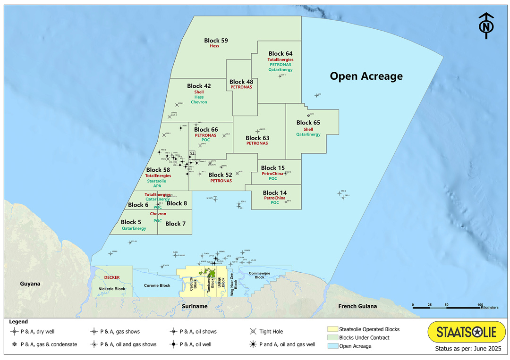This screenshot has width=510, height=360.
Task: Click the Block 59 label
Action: pyautogui.click(x=216, y=41)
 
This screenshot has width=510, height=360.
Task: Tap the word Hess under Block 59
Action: pyautogui.click(x=216, y=47)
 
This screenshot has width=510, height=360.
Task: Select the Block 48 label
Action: pyautogui.click(x=241, y=82)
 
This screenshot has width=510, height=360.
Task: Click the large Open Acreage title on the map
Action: pyautogui.click(x=366, y=76)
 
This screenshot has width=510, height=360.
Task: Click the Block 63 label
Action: pyautogui.click(x=257, y=138)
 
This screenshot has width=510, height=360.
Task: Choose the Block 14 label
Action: pyautogui.click(x=275, y=193)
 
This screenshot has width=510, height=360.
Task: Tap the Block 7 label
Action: pyautogui.click(x=176, y=224)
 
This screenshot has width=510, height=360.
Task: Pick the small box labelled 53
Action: pyautogui.click(x=192, y=153)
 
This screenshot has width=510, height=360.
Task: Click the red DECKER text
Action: pyautogui.click(x=112, y=277)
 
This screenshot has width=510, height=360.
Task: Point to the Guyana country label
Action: pyautogui.click(x=30, y=284)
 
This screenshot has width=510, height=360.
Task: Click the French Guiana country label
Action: pyautogui.click(x=357, y=306)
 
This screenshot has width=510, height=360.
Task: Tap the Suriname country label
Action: pyautogui.click(x=195, y=306)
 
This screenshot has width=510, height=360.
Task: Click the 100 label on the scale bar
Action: pyautogui.click(x=480, y=304)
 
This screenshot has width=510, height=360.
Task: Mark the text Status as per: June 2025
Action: pyautogui.click(x=466, y=350)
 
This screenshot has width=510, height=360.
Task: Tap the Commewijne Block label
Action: pyautogui.click(x=260, y=275)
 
